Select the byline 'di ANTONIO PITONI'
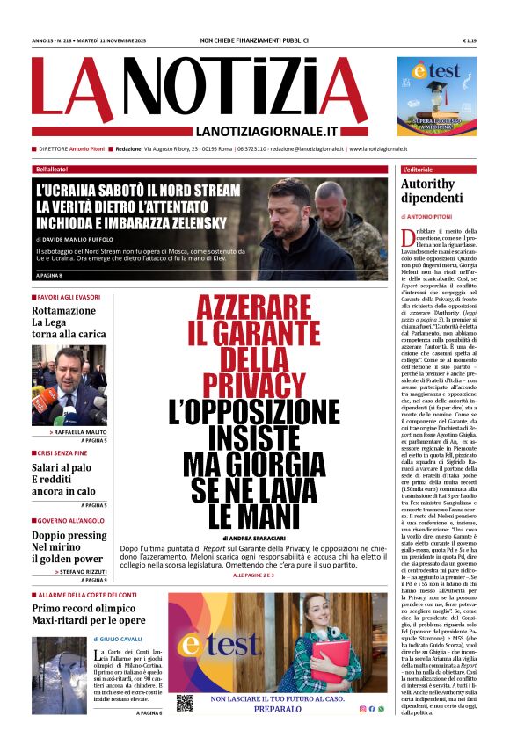pos(428,216)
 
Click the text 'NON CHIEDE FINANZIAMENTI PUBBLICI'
pos(254,41)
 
